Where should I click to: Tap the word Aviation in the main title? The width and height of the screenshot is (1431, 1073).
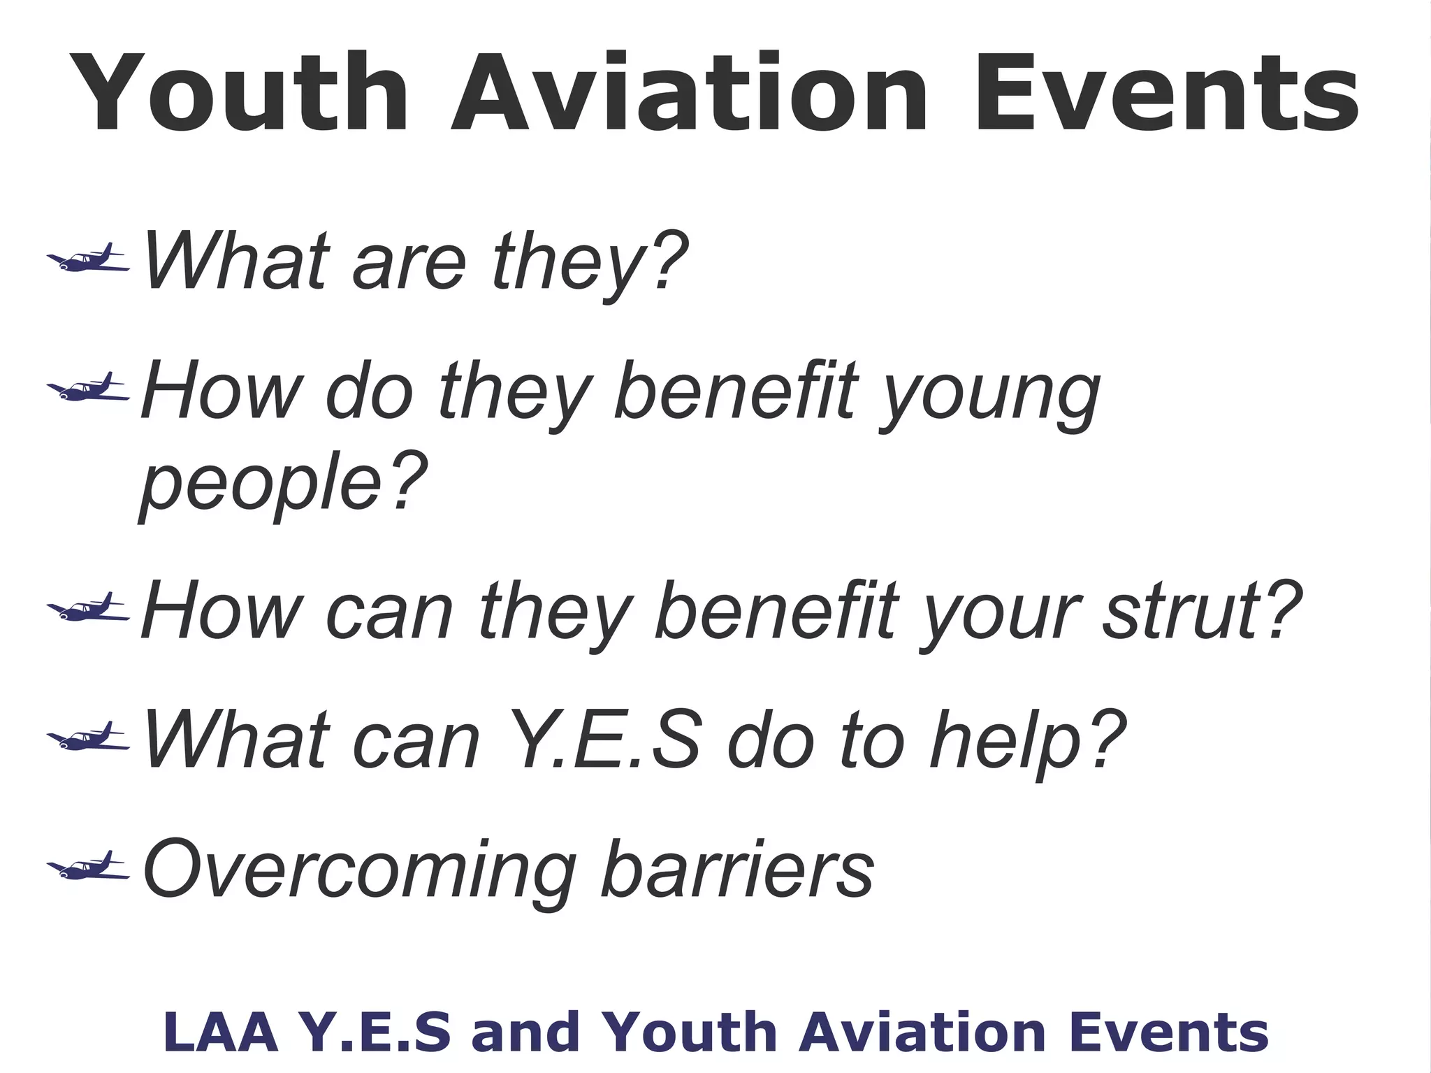point(688,93)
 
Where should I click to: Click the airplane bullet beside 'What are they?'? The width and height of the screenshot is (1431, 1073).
point(88,259)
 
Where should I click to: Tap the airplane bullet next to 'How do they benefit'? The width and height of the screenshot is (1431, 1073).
point(88,389)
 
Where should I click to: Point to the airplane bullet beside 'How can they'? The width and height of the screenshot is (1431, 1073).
point(88,608)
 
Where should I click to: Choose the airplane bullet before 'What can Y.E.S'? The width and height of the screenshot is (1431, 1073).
point(88,738)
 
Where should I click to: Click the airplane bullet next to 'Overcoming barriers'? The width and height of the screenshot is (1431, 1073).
point(88,867)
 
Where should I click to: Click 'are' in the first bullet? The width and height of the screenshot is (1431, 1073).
point(409,262)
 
